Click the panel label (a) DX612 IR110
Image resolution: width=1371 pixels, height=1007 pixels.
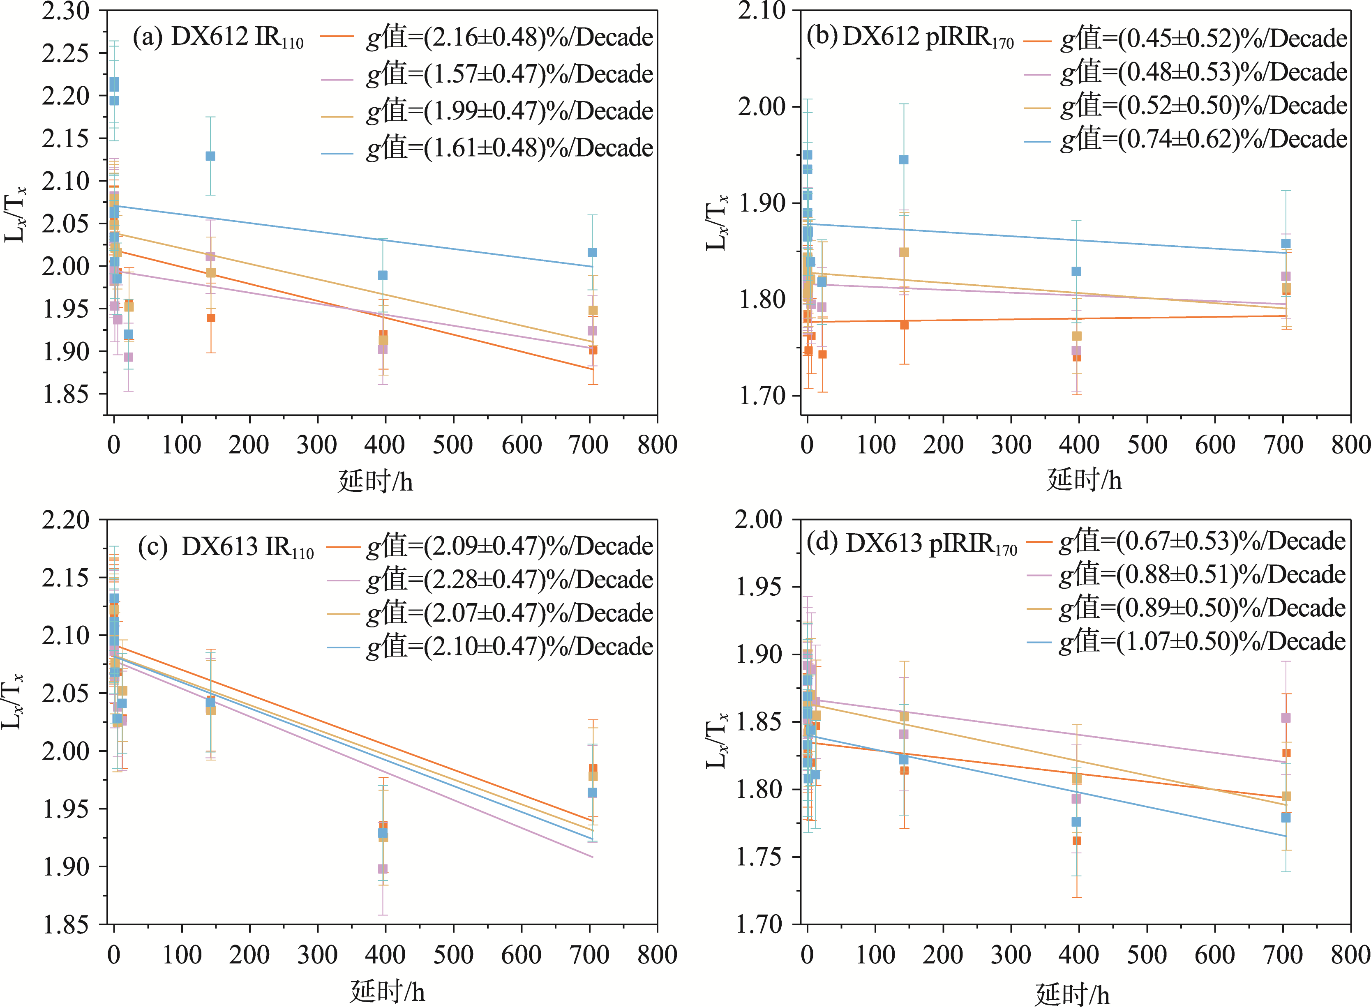coord(218,38)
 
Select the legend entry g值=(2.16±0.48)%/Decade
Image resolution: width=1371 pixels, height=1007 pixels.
coord(509,38)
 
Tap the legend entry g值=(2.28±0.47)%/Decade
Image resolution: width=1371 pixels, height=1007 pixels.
coord(509,579)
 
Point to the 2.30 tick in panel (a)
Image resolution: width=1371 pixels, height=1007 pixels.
coord(65,11)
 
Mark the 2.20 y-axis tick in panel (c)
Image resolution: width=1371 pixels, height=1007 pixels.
coord(65,520)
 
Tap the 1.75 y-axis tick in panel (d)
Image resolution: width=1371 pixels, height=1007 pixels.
coord(759,857)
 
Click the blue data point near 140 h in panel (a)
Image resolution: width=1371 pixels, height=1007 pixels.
coord(210,156)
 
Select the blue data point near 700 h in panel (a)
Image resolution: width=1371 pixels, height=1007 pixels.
coord(592,252)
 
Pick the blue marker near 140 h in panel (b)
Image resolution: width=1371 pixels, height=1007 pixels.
coord(903,160)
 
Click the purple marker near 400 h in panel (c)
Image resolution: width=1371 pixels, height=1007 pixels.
coord(383,869)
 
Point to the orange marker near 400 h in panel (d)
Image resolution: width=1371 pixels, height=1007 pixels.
coord(1077,841)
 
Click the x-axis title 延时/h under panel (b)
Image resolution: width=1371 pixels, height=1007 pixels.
coord(1084,480)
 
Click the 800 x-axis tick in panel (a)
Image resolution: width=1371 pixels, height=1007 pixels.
coord(657,445)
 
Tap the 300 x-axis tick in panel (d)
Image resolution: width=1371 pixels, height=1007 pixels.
coord(1011,954)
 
